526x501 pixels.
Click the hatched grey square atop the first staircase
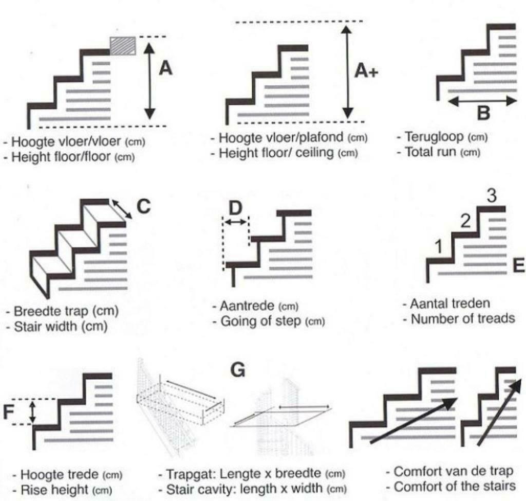click(123, 45)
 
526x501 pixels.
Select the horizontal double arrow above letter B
click(482, 101)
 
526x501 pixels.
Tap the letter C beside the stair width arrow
click(144, 206)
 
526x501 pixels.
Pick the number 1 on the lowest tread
click(438, 247)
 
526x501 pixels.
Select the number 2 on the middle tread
click(465, 222)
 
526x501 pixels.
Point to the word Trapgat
click(186, 473)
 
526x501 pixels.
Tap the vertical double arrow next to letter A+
click(348, 71)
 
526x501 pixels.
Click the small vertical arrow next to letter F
click(33, 412)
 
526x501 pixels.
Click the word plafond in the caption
click(325, 138)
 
